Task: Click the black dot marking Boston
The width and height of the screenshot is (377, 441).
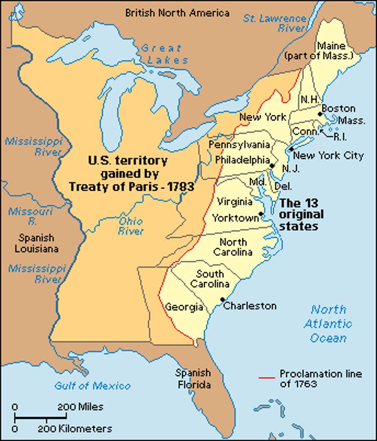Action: pos(320,114)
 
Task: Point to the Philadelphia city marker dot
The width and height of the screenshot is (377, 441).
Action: pos(272,166)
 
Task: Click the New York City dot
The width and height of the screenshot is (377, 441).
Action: pos(291,149)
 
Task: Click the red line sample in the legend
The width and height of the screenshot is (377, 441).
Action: pos(266,378)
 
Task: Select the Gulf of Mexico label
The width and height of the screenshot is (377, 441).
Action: pos(93,386)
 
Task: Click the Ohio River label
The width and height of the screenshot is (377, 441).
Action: pos(131,226)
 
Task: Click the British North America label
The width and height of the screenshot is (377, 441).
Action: pos(177,13)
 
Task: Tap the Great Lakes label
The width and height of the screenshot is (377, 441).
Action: pos(164,54)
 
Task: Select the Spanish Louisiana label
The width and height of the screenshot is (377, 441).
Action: pos(36,243)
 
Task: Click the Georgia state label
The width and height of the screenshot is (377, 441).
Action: pos(184,307)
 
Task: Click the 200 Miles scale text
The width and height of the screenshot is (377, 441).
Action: pos(80,407)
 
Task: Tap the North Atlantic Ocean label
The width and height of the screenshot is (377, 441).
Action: pos(328,324)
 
